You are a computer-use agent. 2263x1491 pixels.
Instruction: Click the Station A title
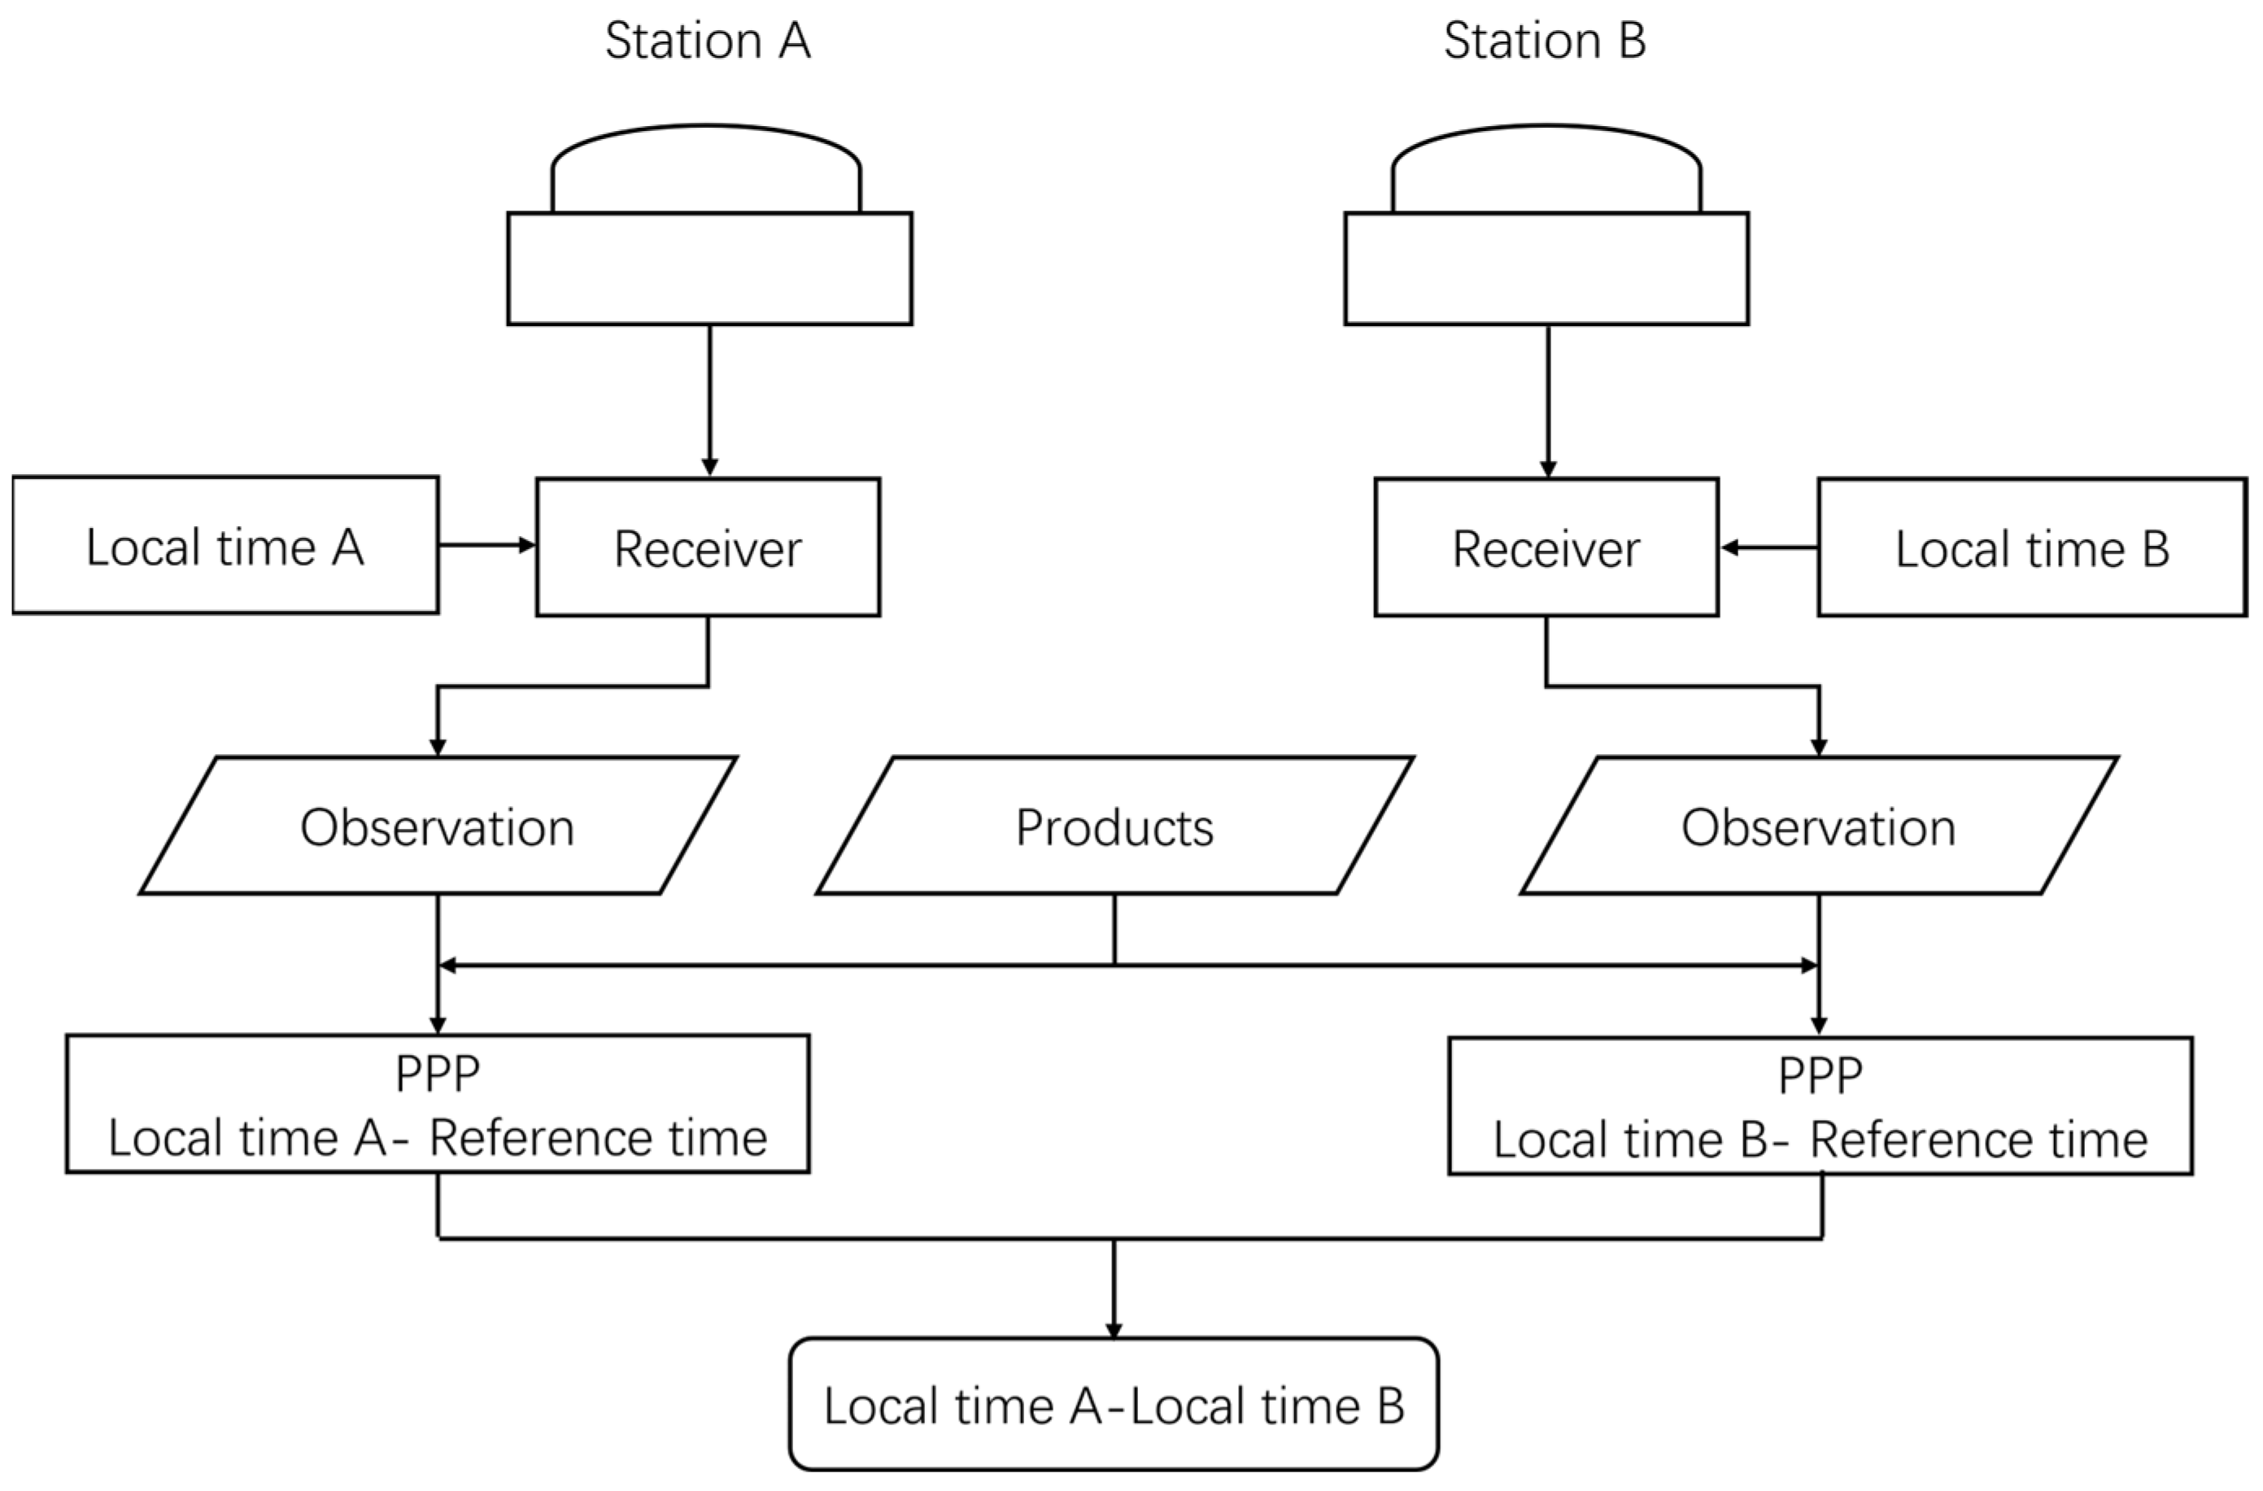(x=708, y=41)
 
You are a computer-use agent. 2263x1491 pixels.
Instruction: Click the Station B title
(x=1544, y=41)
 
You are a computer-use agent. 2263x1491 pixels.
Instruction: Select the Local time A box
(x=225, y=546)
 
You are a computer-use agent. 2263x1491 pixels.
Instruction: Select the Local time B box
(x=2032, y=547)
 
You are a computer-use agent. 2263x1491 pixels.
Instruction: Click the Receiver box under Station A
(x=708, y=547)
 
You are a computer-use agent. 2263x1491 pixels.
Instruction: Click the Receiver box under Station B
(x=1546, y=547)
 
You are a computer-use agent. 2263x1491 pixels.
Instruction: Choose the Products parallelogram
(x=1114, y=826)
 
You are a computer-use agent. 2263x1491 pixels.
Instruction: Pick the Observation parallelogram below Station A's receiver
(x=438, y=826)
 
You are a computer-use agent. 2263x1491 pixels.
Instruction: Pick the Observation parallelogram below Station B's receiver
(x=1818, y=826)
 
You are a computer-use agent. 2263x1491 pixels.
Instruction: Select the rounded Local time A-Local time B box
(x=1114, y=1405)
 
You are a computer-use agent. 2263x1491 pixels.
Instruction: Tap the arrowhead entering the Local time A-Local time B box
(x=1114, y=1330)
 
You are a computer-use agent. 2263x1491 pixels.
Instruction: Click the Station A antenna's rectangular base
(x=709, y=269)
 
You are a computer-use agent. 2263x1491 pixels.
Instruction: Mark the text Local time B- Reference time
(x=1820, y=1139)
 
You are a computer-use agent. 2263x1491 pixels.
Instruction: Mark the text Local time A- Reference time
(x=438, y=1137)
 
